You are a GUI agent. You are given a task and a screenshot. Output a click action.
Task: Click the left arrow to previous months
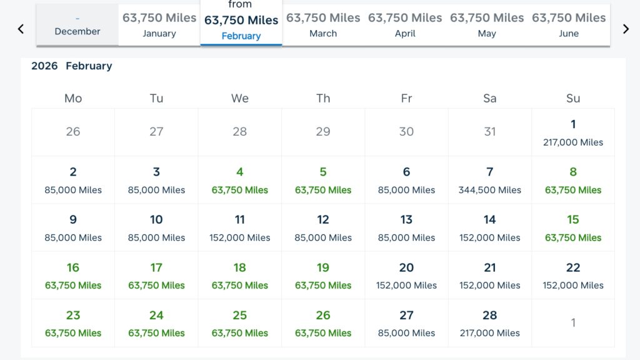(21, 29)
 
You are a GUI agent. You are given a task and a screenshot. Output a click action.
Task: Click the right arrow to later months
(626, 29)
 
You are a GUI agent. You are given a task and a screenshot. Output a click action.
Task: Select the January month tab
(159, 25)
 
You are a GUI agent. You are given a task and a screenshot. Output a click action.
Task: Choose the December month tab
(77, 26)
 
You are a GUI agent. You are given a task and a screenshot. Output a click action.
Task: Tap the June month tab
(569, 25)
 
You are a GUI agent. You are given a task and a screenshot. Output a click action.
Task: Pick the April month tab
(405, 25)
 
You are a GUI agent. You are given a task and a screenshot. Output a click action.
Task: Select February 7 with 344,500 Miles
(490, 180)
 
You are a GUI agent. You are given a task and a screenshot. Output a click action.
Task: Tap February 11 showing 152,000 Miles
(240, 227)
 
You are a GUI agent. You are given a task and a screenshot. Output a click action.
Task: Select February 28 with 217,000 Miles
(490, 323)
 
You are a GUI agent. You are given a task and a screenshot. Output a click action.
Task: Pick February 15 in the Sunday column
(573, 227)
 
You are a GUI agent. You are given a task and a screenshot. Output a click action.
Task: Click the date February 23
(73, 323)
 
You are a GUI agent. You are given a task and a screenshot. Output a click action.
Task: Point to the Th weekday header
(323, 98)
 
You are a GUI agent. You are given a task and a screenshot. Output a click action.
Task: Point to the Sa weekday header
(490, 98)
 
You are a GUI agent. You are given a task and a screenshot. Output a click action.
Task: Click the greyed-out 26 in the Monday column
(73, 132)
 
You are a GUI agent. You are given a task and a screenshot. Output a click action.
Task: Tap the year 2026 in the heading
(44, 66)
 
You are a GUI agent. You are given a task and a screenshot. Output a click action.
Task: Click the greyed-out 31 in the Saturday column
(490, 132)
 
